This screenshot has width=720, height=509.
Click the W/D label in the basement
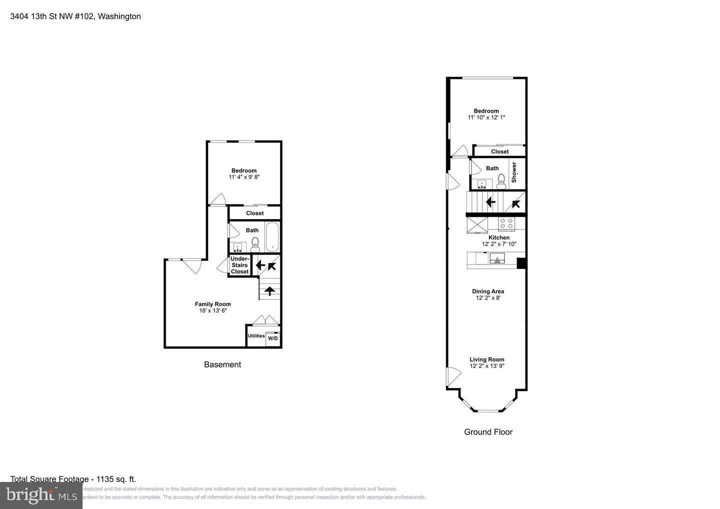[272, 338]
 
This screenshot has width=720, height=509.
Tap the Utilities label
[256, 336]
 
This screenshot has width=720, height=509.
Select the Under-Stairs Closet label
[239, 265]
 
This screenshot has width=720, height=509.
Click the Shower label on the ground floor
[513, 172]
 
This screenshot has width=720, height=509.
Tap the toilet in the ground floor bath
[501, 181]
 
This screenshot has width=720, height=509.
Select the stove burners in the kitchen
[506, 223]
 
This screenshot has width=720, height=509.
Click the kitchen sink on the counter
[496, 258]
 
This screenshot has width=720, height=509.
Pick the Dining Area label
[488, 291]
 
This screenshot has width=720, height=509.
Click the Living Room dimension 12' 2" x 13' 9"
[487, 366]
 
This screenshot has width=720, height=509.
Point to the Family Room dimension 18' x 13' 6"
[213, 310]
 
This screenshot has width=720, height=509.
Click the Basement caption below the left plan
[222, 364]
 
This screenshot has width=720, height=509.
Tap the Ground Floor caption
[488, 432]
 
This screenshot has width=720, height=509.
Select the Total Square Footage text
[73, 479]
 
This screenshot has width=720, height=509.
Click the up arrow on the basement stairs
[269, 290]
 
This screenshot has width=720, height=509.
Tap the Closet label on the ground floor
[499, 151]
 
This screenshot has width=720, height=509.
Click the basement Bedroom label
[244, 170]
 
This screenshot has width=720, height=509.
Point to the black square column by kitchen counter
[521, 263]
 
